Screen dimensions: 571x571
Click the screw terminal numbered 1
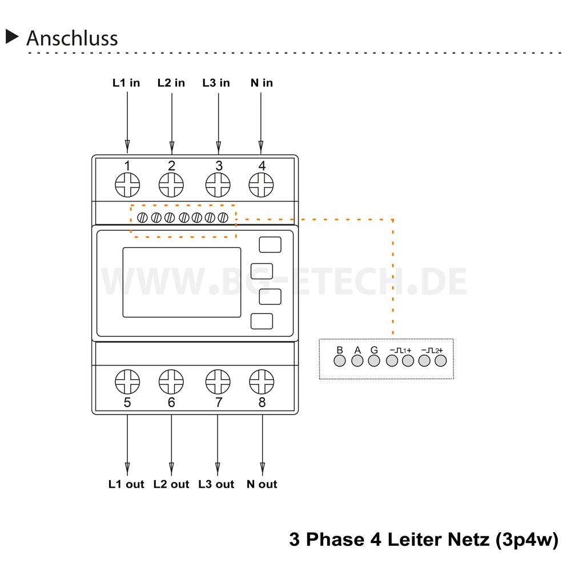[127, 185]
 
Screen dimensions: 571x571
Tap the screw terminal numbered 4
[262, 185]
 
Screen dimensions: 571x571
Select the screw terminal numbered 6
[171, 381]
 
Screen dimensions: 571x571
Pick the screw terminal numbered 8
[262, 381]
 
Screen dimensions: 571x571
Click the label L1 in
[126, 83]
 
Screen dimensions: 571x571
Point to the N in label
[262, 83]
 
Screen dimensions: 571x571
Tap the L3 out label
[216, 484]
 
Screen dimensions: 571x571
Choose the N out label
[262, 484]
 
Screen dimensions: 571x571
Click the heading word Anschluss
[72, 38]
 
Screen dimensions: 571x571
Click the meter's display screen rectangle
[182, 282]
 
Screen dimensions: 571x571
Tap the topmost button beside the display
[270, 244]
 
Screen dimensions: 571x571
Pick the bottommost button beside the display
[262, 322]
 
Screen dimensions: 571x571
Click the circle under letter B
[340, 361]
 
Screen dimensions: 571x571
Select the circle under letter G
[374, 361]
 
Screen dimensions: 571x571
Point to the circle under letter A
[357, 361]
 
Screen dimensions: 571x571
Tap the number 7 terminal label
[218, 403]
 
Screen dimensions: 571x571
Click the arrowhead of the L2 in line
[172, 145]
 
